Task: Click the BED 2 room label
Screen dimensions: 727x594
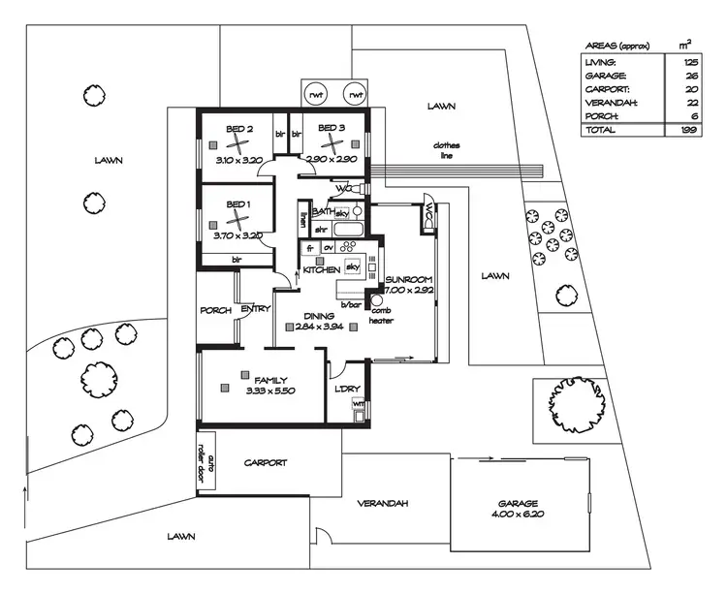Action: [239, 128]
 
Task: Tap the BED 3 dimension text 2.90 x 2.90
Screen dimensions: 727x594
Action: [331, 158]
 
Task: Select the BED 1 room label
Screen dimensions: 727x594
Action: [238, 204]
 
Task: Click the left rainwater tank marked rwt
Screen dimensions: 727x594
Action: [316, 95]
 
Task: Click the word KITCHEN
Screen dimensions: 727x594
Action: [320, 269]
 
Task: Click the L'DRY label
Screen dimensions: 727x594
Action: [347, 390]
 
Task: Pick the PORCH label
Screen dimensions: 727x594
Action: [215, 310]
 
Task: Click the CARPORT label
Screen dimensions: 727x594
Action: [265, 463]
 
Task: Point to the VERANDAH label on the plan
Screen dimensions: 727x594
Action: [381, 504]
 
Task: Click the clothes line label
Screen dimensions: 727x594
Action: [447, 150]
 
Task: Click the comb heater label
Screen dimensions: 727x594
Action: [381, 315]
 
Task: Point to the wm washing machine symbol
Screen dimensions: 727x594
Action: [358, 403]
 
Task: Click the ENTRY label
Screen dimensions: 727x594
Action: [256, 310]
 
